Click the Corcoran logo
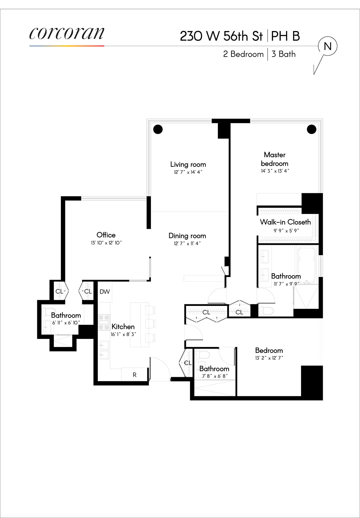67,33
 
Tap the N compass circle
328,47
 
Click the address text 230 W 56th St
221,36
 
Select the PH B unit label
285,36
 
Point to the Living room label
188,164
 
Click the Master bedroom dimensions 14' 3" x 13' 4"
275,171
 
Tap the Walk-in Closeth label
285,222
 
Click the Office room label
106,235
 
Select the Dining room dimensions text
187,243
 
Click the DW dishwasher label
105,292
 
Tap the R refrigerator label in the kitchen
134,375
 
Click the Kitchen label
123,327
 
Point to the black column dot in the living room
158,129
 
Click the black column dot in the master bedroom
311,129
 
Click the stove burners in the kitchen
104,322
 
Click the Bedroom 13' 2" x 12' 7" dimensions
269,358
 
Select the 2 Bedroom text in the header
243,54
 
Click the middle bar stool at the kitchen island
150,323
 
